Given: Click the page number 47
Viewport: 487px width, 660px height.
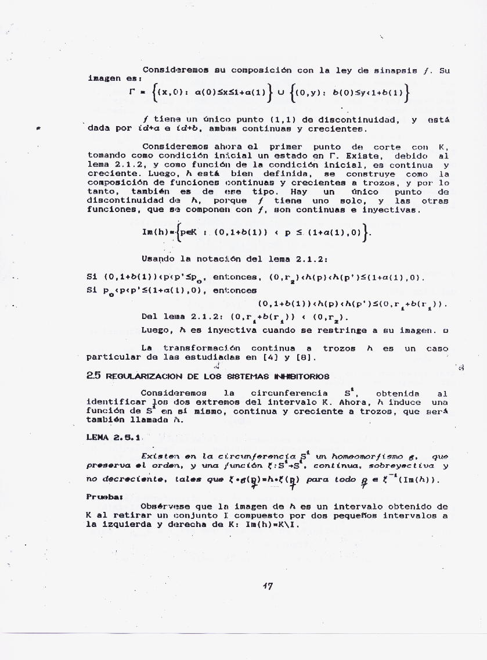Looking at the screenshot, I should click(x=268, y=586).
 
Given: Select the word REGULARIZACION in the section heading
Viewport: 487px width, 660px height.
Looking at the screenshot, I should click(x=135, y=377).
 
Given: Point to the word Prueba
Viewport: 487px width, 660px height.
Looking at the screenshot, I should click(x=101, y=497).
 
